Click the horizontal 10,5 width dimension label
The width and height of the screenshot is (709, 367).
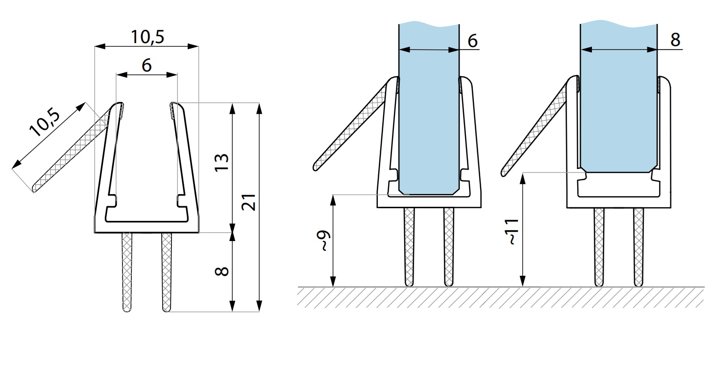(x=147, y=37)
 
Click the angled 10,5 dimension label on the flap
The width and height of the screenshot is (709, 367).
(x=45, y=122)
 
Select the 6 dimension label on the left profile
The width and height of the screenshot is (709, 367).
(x=147, y=66)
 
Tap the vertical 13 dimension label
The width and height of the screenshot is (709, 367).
(x=221, y=163)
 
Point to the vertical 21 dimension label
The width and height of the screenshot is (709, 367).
(x=248, y=202)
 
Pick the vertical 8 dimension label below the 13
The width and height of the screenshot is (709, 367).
(x=221, y=271)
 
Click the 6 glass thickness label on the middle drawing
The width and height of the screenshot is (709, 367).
(x=472, y=41)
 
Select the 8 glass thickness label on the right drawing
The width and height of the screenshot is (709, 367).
(x=675, y=40)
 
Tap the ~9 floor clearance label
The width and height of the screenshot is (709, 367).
(x=323, y=241)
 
